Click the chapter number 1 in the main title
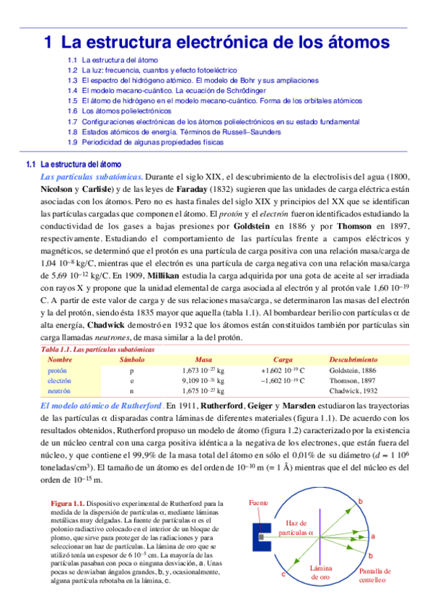tap(48, 42)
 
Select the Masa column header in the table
tap(203, 359)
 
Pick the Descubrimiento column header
tap(353, 359)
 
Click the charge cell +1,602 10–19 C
tap(283, 370)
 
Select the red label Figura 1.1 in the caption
tap(69, 502)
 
